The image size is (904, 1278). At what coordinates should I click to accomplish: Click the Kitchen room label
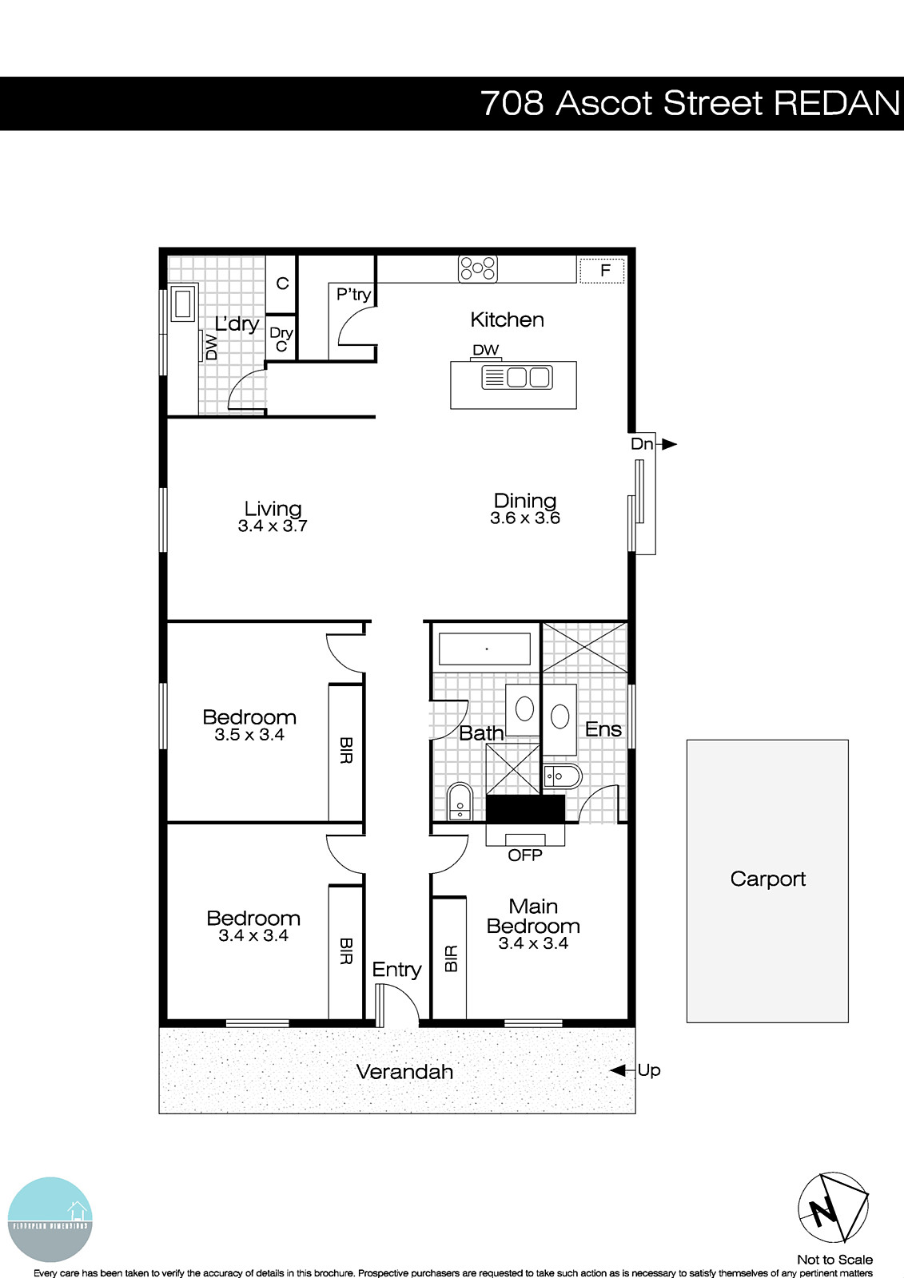[507, 319]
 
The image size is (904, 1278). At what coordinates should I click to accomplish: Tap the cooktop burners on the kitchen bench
[477, 268]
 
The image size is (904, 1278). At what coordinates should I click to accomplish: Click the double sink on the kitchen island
[517, 377]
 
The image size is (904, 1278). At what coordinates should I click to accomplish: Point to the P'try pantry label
[353, 294]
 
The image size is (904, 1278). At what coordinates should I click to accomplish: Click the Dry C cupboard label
[281, 339]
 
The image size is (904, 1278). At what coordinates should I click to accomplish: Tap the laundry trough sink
[183, 304]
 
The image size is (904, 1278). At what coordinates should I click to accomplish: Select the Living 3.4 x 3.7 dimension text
[273, 526]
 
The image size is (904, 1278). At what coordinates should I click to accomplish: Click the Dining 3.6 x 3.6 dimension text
[525, 518]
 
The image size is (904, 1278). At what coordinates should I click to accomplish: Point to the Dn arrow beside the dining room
[668, 444]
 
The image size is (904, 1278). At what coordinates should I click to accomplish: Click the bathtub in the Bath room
[484, 649]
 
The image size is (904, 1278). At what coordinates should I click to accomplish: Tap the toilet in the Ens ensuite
[564, 776]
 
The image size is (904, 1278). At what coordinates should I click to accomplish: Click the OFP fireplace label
[525, 855]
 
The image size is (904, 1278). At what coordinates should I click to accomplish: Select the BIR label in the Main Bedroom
[450, 958]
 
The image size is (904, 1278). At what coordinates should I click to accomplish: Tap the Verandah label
[404, 1071]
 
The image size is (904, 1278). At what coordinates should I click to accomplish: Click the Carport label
[767, 879]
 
